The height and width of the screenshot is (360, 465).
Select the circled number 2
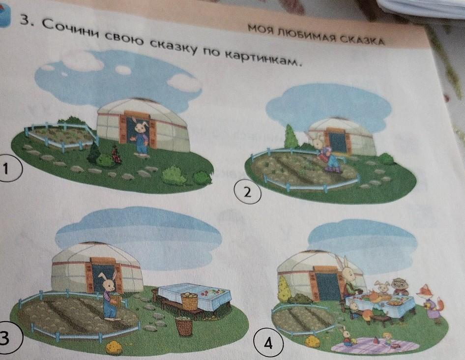click(x=248, y=193)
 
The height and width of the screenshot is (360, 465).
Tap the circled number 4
click(x=268, y=344)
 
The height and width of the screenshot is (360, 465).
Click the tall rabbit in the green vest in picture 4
click(x=349, y=279)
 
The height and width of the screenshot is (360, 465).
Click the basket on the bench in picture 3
click(x=190, y=300)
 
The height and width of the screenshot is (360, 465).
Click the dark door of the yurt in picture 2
click(x=338, y=143)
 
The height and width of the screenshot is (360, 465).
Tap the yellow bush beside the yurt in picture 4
click(x=284, y=289)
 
